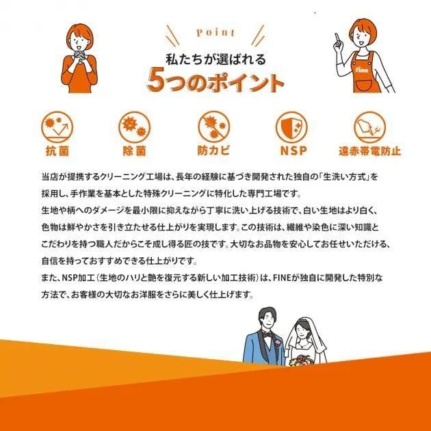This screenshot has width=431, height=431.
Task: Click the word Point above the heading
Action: tap(215, 32)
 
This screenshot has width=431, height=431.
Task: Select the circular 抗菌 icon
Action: tap(57, 127)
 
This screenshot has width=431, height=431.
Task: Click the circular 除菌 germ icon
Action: tap(134, 127)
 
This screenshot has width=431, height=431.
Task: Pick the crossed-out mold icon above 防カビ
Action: tap(214, 127)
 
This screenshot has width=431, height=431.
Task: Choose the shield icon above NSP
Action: tap(291, 127)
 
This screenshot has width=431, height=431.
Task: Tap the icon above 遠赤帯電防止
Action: tap(369, 127)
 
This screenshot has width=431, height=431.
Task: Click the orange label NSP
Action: tap(293, 151)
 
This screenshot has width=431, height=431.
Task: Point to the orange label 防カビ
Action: tap(213, 151)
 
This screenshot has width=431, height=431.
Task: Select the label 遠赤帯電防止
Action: tap(369, 151)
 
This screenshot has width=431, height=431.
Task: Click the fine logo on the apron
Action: tap(361, 70)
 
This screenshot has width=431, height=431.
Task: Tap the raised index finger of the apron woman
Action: tap(337, 38)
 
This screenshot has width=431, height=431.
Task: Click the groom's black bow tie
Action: tap(267, 335)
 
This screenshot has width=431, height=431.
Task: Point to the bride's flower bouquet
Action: tap(301, 361)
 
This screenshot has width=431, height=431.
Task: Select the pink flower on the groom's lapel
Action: tap(278, 343)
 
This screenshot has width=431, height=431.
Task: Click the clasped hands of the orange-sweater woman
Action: tap(80, 55)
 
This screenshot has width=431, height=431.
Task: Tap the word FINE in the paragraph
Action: tap(281, 278)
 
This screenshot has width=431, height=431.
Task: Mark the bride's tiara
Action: tap(302, 319)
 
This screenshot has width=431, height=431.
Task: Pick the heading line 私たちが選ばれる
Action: tap(215, 60)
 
